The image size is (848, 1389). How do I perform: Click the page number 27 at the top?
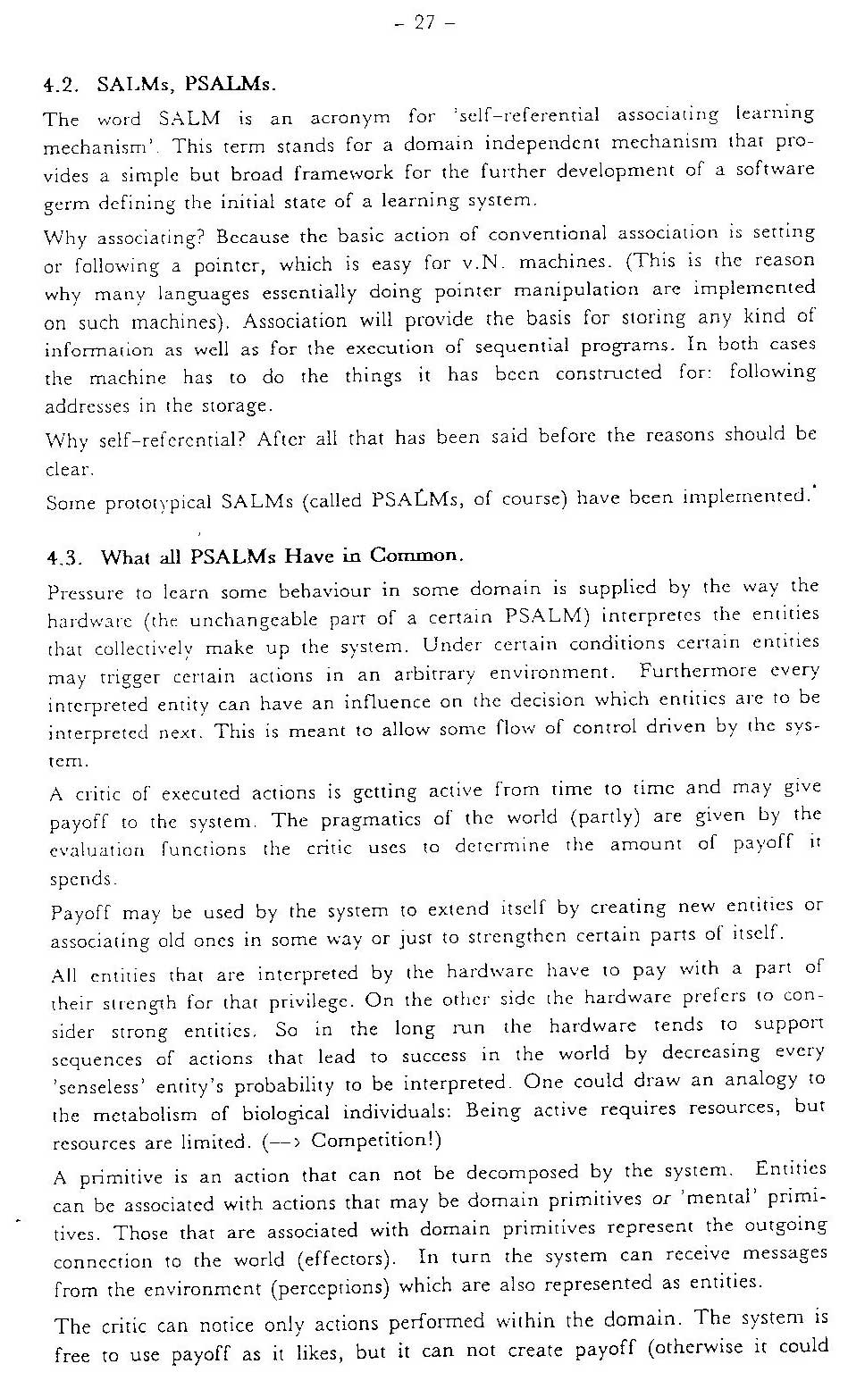tap(424, 25)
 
